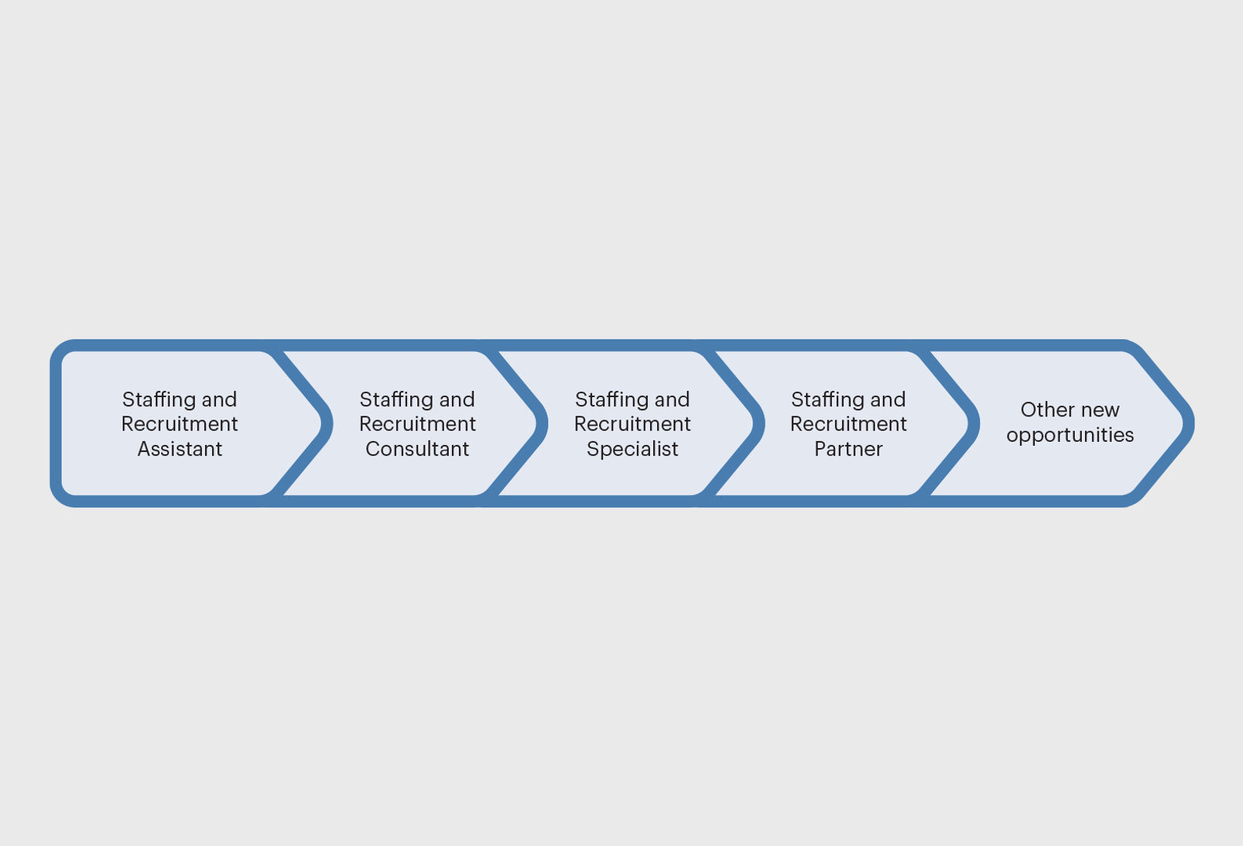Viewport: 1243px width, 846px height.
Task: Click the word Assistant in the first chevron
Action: click(x=180, y=449)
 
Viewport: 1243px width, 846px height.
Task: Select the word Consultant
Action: click(x=417, y=449)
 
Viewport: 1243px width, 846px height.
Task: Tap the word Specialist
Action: click(x=632, y=449)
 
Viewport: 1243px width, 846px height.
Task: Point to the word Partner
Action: click(x=848, y=449)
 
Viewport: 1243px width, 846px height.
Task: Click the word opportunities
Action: click(x=1070, y=435)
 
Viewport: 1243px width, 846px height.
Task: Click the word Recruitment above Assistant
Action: click(x=180, y=424)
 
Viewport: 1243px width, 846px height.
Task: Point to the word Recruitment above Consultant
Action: click(x=417, y=424)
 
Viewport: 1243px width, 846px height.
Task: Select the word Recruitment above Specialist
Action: click(x=632, y=424)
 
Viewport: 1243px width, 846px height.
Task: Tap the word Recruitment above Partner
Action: click(x=848, y=424)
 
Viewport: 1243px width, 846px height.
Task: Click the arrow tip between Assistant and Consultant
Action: click(x=327, y=423)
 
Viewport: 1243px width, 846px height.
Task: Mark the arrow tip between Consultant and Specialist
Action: click(x=542, y=423)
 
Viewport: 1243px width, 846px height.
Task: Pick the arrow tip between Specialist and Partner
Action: click(x=759, y=423)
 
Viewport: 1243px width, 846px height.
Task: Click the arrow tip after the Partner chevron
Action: click(x=974, y=423)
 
